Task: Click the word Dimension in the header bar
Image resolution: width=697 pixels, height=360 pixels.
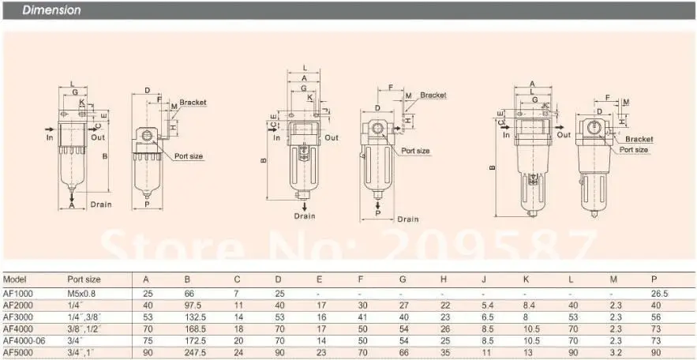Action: (51, 10)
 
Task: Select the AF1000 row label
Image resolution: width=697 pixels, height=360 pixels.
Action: (18, 294)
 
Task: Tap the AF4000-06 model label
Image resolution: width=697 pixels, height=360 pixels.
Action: (24, 341)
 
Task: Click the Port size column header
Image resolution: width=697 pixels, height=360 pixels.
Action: (84, 279)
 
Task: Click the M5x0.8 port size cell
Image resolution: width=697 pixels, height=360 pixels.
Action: (82, 294)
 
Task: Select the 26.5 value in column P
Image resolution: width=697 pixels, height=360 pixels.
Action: (659, 294)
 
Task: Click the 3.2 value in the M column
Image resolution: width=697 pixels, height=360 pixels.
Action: (616, 353)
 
